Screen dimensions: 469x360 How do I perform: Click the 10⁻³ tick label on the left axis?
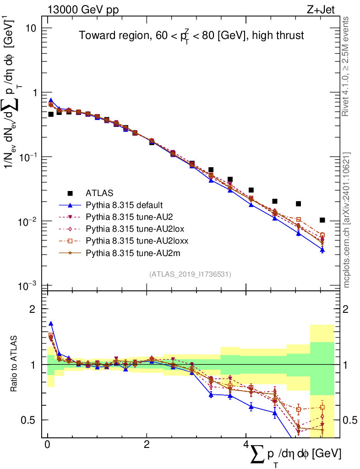28,286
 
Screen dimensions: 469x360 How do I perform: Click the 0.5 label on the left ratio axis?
29,420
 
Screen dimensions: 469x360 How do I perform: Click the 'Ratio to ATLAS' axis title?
14,365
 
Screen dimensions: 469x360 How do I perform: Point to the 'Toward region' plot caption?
191,36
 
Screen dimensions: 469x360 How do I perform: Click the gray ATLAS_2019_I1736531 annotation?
190,274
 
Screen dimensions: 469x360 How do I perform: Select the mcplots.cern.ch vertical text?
347,220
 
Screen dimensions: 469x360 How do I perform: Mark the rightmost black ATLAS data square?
322,220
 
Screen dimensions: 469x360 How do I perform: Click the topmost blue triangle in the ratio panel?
51,323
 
